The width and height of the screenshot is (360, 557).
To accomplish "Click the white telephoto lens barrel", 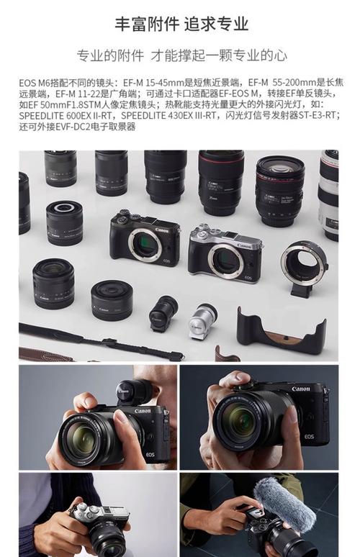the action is (x=328, y=195).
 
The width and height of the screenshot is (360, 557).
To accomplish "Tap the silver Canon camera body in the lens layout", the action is (x=225, y=253).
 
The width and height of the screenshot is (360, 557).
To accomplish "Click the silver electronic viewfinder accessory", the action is (x=202, y=321).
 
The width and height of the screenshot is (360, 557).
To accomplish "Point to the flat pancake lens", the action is (x=112, y=300).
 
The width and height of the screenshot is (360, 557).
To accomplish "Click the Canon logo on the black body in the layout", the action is (x=162, y=230).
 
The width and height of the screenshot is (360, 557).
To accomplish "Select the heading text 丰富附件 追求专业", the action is (x=181, y=24).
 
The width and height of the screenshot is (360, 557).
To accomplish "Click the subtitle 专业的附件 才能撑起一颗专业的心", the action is (x=181, y=55).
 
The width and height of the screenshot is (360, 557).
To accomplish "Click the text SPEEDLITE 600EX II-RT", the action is (x=66, y=115).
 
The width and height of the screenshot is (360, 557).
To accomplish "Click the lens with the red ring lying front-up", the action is (x=279, y=191).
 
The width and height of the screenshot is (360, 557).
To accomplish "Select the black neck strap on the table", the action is (x=102, y=341).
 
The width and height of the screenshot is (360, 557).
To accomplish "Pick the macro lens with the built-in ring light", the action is (x=64, y=223).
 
